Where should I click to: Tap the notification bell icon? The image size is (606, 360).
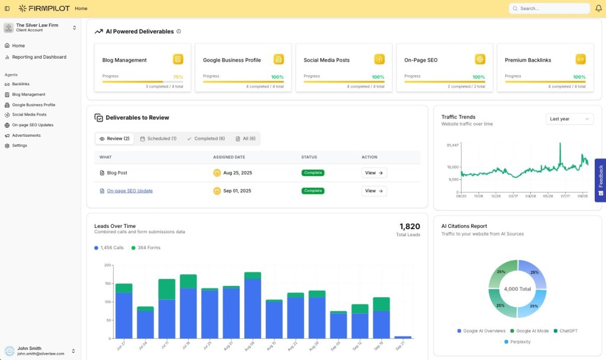pos(598,8)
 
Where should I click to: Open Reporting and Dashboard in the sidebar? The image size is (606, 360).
pos(39,57)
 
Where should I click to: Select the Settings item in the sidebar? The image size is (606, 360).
pos(20,146)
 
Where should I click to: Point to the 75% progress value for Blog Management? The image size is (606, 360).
pos(178,77)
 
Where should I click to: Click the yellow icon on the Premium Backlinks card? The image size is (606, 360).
pos(581,59)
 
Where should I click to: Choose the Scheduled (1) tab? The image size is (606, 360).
pos(158,139)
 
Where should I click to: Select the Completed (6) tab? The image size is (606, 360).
pos(205,139)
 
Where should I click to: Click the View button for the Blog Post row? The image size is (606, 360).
pos(374,173)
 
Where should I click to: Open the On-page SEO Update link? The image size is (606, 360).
pos(130,191)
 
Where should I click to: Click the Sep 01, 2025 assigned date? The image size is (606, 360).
pos(237,191)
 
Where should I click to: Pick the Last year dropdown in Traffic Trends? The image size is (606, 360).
pos(569,119)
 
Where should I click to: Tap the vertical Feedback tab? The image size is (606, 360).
pos(600,180)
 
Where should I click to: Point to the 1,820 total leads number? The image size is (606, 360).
pos(410,226)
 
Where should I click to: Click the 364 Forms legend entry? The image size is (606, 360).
pos(146,247)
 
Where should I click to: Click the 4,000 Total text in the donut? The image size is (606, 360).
pos(517,289)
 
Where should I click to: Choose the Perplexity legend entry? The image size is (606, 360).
pos(517,342)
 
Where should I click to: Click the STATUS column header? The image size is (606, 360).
pos(309,157)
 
